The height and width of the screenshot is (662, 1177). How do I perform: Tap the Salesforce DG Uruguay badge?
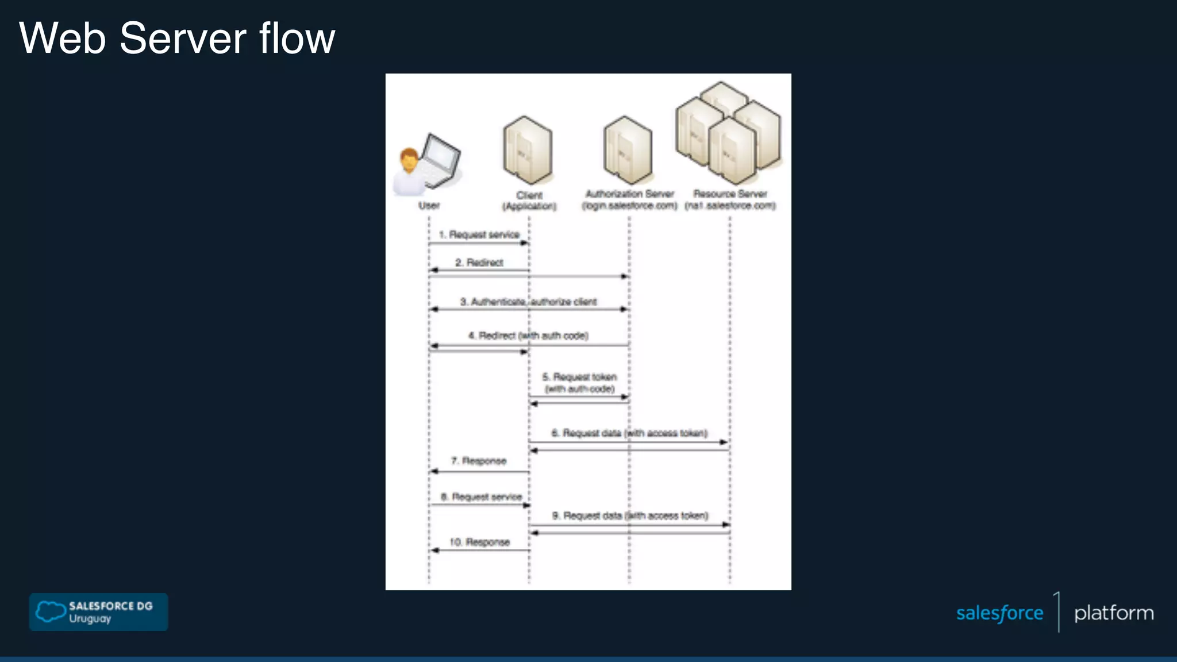(98, 612)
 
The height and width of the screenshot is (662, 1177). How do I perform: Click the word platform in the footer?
(1114, 613)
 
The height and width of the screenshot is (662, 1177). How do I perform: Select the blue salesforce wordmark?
(999, 613)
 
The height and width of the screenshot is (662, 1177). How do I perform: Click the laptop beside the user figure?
(441, 161)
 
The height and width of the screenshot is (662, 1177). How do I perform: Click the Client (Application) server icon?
(528, 151)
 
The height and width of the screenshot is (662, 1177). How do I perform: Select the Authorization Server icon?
(628, 151)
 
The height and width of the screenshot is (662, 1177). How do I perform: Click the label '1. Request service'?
(479, 234)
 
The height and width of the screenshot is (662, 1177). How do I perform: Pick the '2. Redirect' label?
(479, 263)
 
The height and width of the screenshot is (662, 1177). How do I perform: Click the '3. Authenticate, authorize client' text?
(528, 302)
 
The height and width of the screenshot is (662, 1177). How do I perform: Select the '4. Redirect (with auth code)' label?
(528, 336)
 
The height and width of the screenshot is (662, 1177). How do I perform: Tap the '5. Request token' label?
(579, 377)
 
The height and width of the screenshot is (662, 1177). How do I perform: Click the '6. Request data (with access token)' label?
(629, 433)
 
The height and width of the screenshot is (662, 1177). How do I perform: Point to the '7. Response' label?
(479, 461)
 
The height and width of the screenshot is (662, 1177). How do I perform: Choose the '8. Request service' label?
(481, 496)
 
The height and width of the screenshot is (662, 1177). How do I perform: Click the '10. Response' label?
(479, 542)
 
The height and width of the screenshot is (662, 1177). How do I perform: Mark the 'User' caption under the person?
(429, 206)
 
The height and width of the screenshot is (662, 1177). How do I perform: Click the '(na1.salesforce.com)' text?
(730, 206)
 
